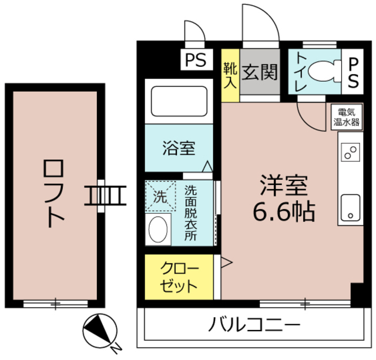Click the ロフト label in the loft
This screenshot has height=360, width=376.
53,194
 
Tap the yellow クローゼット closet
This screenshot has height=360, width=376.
180,278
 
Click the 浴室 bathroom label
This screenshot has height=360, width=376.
179,148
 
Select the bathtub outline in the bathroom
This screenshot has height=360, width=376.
179,102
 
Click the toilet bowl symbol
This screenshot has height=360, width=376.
323,72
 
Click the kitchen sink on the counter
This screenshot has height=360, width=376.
350,207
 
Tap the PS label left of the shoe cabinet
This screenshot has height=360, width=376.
196,59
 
